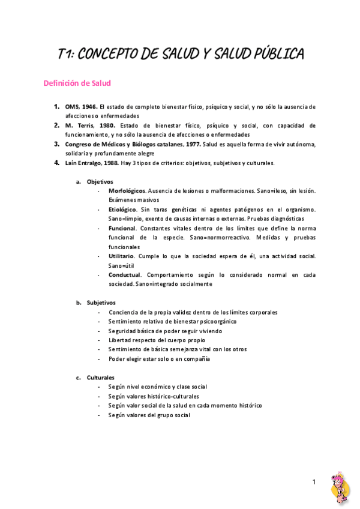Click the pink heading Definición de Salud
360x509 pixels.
[77, 83]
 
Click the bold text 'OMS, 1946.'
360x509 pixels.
[81, 106]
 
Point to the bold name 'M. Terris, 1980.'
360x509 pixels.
[90, 125]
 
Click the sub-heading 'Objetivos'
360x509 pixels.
[100, 181]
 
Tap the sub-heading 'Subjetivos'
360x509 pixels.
[101, 303]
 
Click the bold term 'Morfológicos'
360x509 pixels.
[127, 190]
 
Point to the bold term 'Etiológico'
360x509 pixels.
[123, 209]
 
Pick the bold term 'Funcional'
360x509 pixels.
[122, 228]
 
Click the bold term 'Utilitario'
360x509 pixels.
[121, 256]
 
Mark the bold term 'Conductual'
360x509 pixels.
[124, 275]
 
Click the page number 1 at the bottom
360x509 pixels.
[313, 482]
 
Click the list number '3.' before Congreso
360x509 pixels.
[56, 144]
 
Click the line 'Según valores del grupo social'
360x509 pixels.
[149, 415]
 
